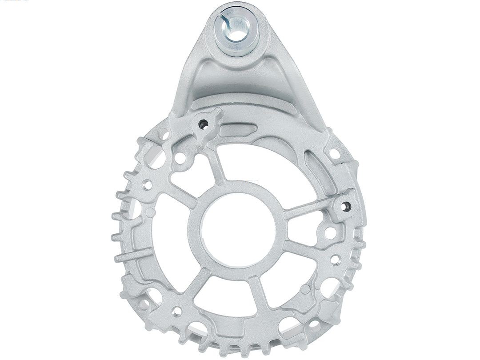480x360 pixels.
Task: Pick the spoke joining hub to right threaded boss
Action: click(x=307, y=209)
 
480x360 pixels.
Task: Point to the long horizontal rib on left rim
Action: click(x=133, y=256)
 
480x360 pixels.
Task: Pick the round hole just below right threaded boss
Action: click(x=330, y=232)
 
